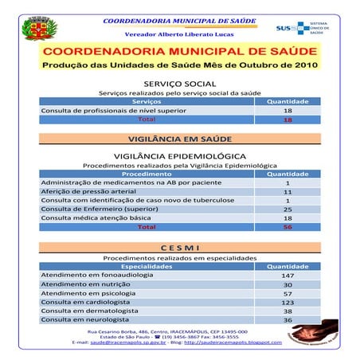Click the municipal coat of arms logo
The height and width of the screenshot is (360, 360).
pos(35,29)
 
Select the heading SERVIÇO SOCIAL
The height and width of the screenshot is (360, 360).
pos(179,83)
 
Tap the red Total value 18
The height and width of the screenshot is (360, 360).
pos(288,119)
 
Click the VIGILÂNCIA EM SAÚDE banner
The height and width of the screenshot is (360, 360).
pos(179,139)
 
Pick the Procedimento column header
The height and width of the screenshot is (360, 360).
pos(146,173)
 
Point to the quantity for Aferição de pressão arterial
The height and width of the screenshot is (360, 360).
pos(288,191)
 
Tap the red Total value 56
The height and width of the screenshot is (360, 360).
pos(288,227)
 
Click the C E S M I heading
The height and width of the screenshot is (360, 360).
pos(179,246)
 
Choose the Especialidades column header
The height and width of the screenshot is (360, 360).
pos(146,266)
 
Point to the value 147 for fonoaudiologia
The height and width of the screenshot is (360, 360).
pos(288,276)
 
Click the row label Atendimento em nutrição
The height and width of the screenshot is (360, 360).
pos(85,284)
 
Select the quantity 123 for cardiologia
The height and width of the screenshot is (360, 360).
pos(288,303)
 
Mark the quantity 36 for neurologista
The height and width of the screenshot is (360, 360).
pos(288,320)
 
